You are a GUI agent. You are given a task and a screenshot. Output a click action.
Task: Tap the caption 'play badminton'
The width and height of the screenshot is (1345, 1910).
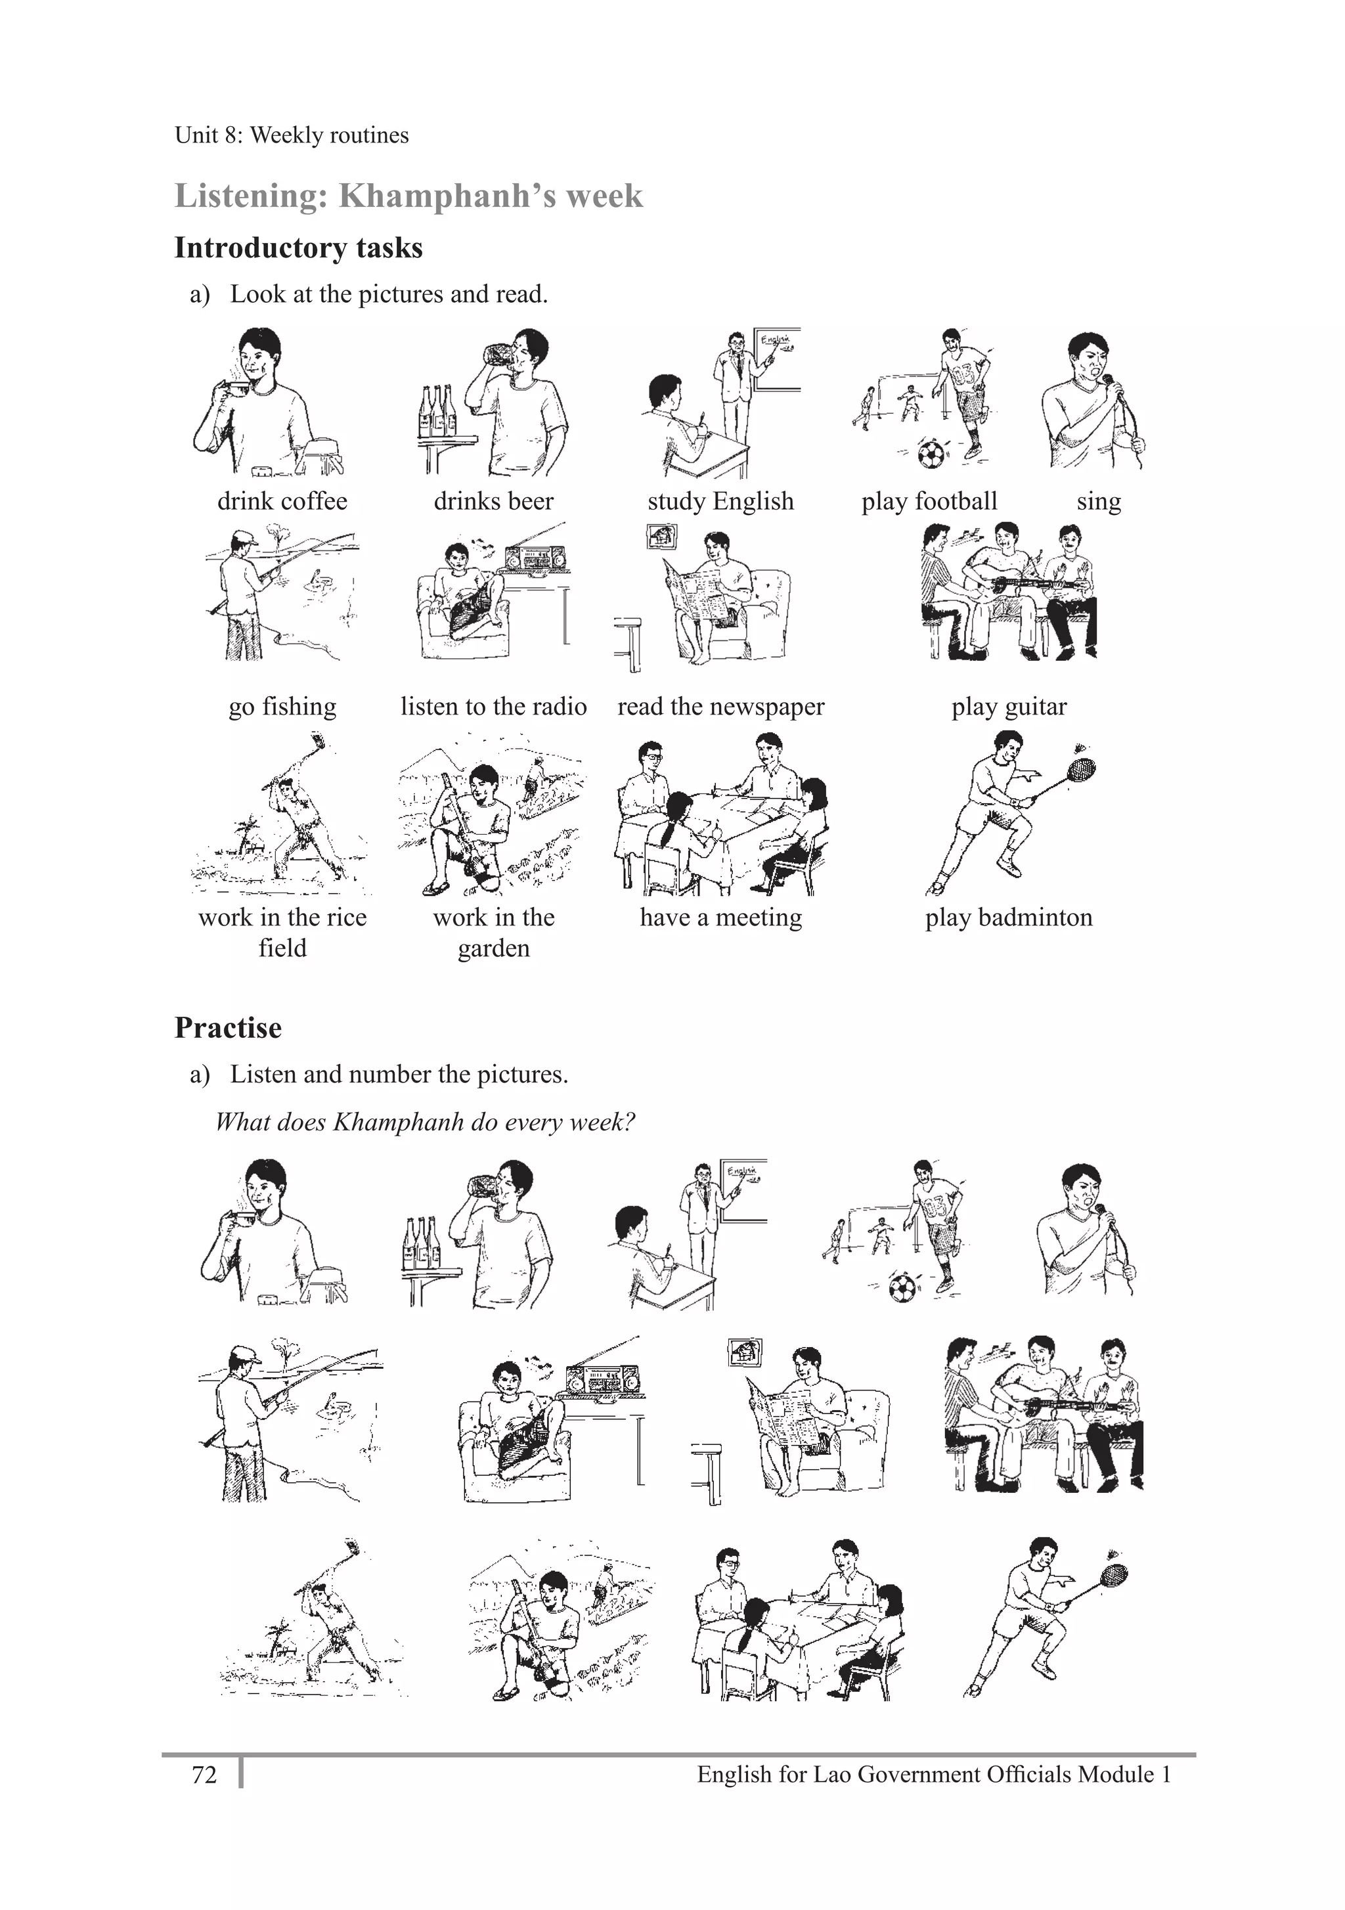click(1008, 917)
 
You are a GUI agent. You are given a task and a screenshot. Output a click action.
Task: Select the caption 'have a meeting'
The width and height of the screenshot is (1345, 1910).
click(720, 917)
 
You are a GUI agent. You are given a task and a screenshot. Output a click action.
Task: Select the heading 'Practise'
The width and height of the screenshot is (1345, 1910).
click(228, 1027)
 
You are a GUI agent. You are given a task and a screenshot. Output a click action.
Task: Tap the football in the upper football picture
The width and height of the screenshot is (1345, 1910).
click(931, 453)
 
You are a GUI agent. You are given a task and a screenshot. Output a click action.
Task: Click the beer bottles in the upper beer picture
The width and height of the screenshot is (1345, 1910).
click(437, 410)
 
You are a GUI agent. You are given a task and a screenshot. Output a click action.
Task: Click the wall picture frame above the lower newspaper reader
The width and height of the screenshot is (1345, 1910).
click(745, 1352)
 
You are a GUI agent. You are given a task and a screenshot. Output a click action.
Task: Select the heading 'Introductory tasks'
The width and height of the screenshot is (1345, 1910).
click(298, 248)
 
